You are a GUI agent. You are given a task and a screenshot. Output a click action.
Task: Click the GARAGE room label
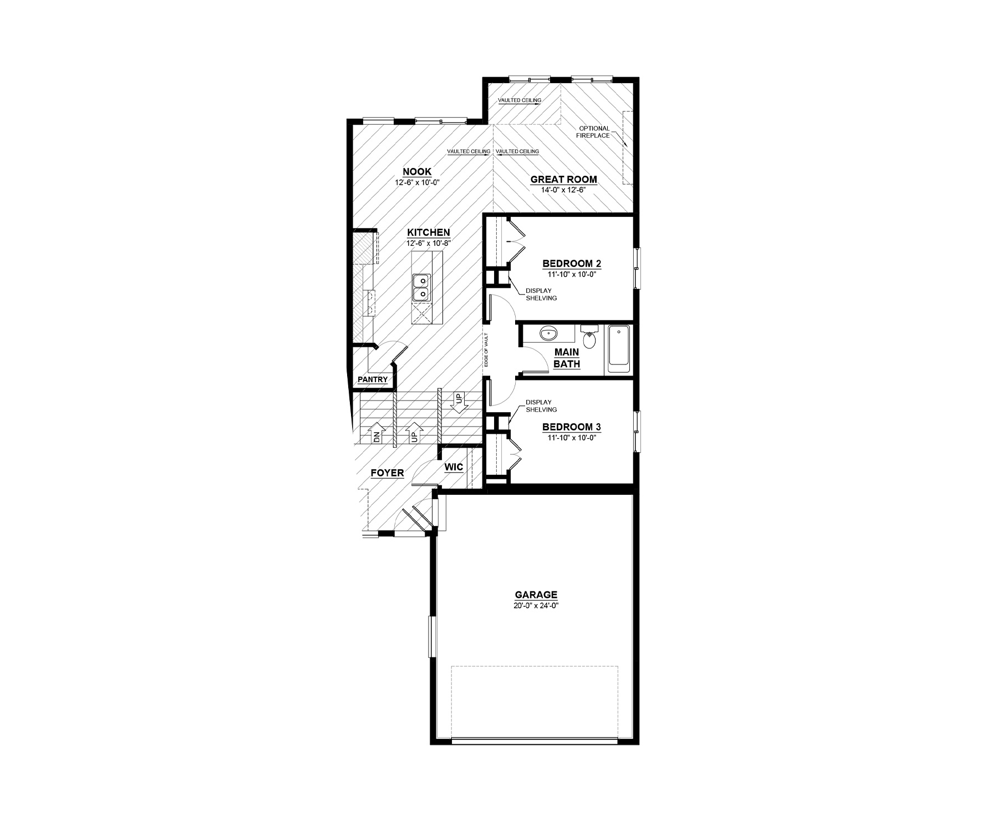point(535,595)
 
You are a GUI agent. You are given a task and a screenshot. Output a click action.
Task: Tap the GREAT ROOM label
point(563,179)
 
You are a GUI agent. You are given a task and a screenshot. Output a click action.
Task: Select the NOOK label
point(417,172)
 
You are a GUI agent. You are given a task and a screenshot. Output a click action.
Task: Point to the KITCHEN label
point(428,233)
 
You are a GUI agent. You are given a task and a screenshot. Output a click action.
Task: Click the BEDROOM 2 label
point(572,263)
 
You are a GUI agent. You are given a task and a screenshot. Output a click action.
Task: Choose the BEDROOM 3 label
point(572,427)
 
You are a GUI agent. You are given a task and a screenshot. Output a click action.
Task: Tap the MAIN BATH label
point(567,358)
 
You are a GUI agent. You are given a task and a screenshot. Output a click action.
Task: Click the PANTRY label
point(373,379)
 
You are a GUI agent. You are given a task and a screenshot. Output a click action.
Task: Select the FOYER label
point(387,473)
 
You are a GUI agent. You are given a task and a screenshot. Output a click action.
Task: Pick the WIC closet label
point(454,467)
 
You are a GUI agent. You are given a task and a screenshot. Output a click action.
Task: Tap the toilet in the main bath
point(589,337)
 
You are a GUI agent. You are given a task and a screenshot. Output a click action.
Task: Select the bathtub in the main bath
point(619,349)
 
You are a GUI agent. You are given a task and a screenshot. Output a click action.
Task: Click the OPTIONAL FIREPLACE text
point(594,132)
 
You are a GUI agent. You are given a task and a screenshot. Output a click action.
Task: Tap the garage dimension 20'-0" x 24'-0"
point(535,606)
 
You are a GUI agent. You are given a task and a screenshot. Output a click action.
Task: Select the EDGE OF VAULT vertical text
point(486,349)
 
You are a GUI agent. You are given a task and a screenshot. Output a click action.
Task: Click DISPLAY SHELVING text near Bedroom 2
point(541,295)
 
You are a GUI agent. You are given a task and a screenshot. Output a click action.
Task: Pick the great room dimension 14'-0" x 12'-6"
point(563,190)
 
